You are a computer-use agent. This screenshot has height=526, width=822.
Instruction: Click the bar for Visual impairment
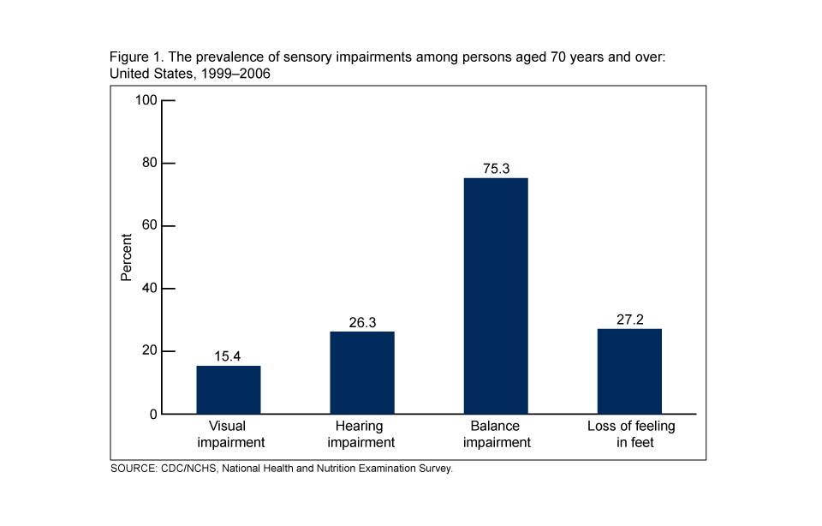[229, 390]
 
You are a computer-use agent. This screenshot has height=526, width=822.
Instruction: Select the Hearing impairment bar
[362, 373]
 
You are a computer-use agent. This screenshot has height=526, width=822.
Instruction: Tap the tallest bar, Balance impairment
[496, 296]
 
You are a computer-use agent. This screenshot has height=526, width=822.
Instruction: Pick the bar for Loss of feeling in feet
[629, 371]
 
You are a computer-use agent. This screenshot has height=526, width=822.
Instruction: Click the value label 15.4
[229, 356]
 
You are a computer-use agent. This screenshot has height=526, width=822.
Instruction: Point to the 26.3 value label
[362, 322]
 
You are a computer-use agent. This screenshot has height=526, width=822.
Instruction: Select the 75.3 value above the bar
[496, 169]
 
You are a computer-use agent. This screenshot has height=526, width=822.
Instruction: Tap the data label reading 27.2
[629, 320]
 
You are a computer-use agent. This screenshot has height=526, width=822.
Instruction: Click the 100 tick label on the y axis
[146, 100]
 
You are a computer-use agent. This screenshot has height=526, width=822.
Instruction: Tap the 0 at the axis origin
[153, 415]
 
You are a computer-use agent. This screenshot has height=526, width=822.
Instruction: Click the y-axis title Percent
[126, 257]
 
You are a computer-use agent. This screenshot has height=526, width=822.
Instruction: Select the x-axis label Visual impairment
[229, 434]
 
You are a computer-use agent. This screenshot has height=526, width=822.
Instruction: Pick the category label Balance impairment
[496, 434]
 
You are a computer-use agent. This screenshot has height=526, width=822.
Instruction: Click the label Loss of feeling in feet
[631, 434]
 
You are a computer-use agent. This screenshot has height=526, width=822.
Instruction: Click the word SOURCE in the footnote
[133, 469]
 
